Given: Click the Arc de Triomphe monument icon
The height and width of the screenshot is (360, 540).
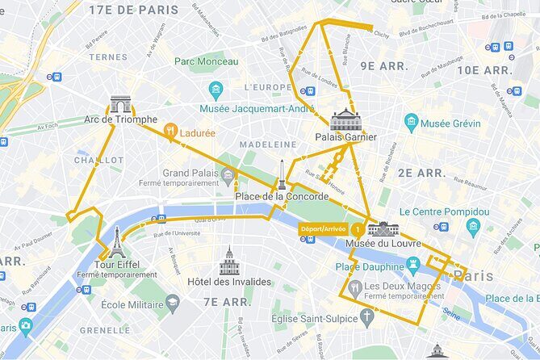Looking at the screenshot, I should pyautogui.click(x=120, y=104).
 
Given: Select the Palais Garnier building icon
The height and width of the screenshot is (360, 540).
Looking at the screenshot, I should pyautogui.click(x=345, y=119).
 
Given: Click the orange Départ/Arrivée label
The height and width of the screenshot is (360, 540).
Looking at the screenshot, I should pyautogui.click(x=322, y=228).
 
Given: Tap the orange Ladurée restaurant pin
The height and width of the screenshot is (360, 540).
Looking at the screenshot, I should pyautogui.click(x=170, y=130).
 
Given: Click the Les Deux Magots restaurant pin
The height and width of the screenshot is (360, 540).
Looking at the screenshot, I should pyautogui.click(x=354, y=287).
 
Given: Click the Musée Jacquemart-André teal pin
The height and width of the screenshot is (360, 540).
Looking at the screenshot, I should pyautogui.click(x=216, y=90).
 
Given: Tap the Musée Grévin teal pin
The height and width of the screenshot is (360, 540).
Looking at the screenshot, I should pyautogui.click(x=412, y=123).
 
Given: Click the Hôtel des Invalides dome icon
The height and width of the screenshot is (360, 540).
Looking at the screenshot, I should pyautogui.click(x=229, y=261).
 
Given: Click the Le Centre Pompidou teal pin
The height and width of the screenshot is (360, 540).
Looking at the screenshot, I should pyautogui.click(x=473, y=228).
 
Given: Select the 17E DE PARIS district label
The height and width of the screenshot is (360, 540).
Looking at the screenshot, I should pyautogui.click(x=133, y=10).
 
